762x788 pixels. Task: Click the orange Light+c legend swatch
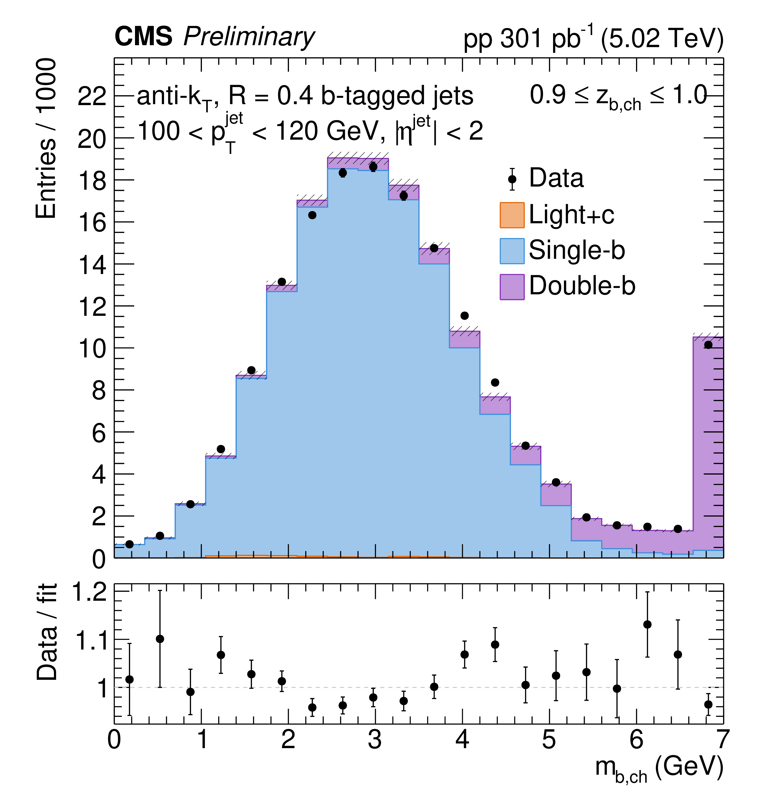(x=512, y=215)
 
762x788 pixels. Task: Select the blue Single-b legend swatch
(x=512, y=251)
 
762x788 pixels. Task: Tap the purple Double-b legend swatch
(x=512, y=287)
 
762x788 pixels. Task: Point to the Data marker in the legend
(x=512, y=179)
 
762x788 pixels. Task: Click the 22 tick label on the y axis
(x=91, y=96)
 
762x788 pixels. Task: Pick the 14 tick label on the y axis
(x=91, y=265)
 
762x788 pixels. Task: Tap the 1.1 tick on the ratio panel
(x=89, y=640)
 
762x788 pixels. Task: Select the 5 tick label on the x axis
(x=549, y=739)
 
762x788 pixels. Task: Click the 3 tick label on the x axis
(x=375, y=739)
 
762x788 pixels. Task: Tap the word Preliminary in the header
(x=249, y=37)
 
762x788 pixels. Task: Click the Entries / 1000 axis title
(x=46, y=139)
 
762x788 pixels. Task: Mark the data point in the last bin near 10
(x=708, y=345)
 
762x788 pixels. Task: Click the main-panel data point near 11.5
(x=464, y=316)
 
